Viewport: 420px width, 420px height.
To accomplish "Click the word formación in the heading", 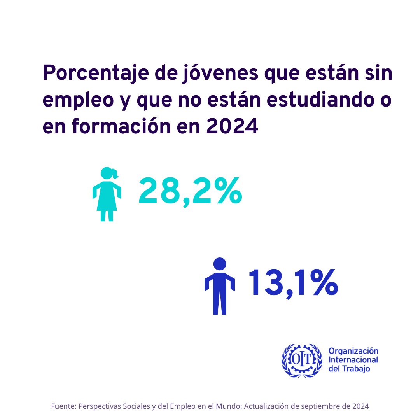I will pos(122,127).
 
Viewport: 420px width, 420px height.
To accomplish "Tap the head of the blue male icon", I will pos(220,264).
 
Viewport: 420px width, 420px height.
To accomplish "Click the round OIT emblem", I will pos(302,360).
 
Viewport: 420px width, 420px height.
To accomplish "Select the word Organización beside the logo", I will pos(353,351).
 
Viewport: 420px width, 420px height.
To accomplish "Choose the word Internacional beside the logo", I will pos(353,360).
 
